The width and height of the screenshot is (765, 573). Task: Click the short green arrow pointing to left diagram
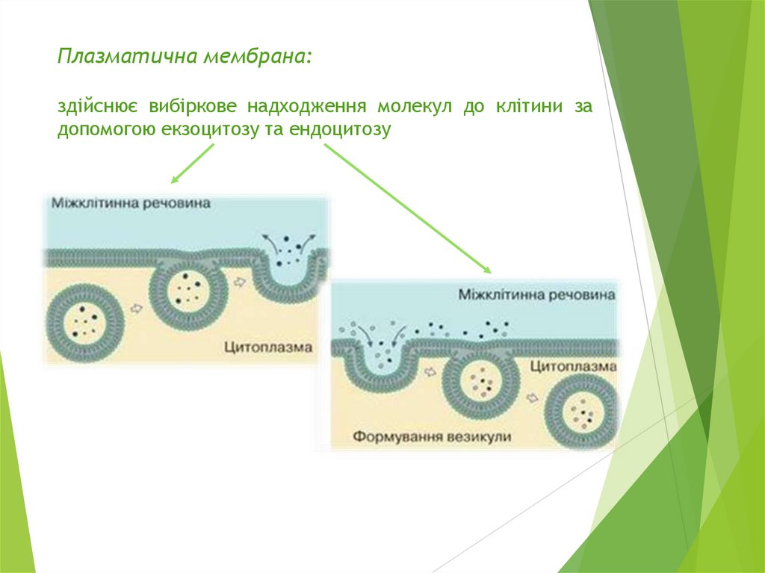click(x=193, y=164)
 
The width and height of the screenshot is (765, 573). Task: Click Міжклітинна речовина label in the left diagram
click(x=131, y=203)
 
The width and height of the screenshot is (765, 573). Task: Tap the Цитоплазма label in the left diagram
click(x=267, y=347)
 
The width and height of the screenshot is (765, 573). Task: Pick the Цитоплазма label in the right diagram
click(x=573, y=367)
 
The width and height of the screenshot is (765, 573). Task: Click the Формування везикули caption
click(x=432, y=436)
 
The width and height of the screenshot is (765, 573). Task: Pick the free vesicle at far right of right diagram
click(x=582, y=414)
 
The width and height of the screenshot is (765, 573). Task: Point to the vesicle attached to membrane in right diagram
click(x=480, y=382)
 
